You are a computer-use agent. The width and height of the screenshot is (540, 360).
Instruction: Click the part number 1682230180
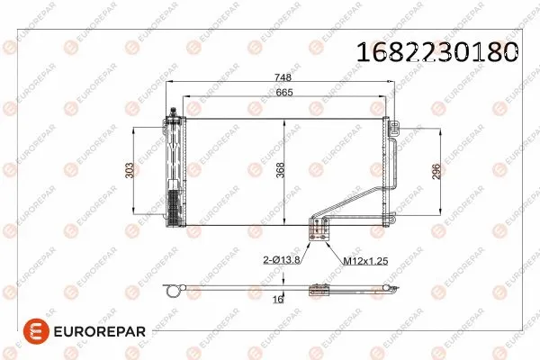click(436, 52)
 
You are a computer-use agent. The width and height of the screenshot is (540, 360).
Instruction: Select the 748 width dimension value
click(283, 77)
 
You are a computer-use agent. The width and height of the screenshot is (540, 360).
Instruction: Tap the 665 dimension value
click(284, 93)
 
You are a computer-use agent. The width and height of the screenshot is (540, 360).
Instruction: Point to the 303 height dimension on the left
click(130, 170)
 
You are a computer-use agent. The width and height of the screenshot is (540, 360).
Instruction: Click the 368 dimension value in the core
click(280, 170)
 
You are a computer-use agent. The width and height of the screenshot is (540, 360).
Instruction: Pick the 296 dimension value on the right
click(436, 171)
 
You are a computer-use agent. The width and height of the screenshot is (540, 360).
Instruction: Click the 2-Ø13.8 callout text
click(282, 260)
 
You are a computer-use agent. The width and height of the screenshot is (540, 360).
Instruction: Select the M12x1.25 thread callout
click(365, 261)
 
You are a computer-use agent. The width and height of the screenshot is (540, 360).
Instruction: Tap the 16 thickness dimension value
click(278, 299)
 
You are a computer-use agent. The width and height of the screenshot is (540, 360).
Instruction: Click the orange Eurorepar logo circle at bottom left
click(36, 331)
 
